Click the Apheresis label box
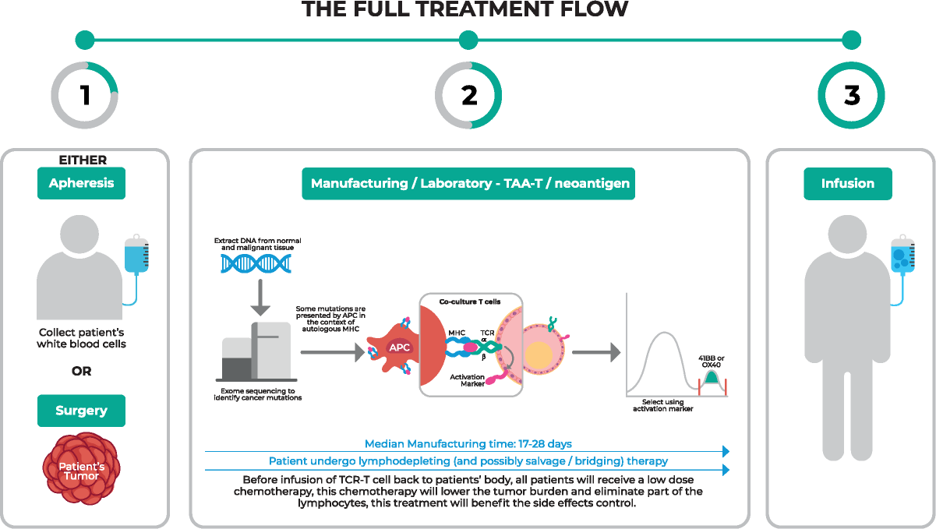(81, 184)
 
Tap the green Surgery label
(81, 411)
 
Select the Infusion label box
(847, 184)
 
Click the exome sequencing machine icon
(256, 351)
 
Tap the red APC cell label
(399, 347)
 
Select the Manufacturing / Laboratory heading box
(468, 184)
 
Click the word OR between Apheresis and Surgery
(81, 371)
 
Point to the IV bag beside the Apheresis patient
(136, 256)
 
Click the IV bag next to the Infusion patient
(902, 256)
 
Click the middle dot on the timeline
(468, 40)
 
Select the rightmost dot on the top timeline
(851, 40)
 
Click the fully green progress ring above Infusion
(851, 95)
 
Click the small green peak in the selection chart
(711, 379)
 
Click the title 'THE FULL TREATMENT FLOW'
(464, 9)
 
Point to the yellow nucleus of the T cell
(537, 355)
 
